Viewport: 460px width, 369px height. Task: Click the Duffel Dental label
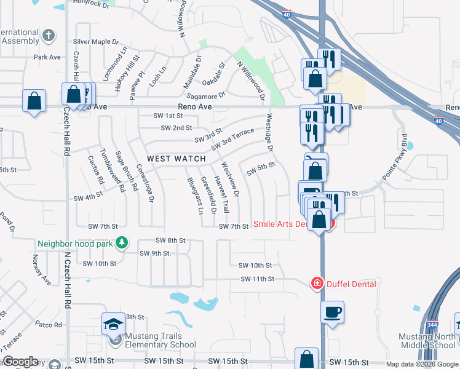point(351,284)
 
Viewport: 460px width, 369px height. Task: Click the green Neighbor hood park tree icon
point(122,243)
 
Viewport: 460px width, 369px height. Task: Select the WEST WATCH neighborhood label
point(176,159)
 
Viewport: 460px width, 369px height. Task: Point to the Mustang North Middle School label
point(427,341)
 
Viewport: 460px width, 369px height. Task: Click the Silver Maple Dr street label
point(95,42)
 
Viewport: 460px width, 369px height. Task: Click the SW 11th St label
point(257,279)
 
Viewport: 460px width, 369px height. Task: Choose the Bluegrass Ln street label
point(194,196)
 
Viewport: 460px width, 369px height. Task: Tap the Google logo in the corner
point(20,362)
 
